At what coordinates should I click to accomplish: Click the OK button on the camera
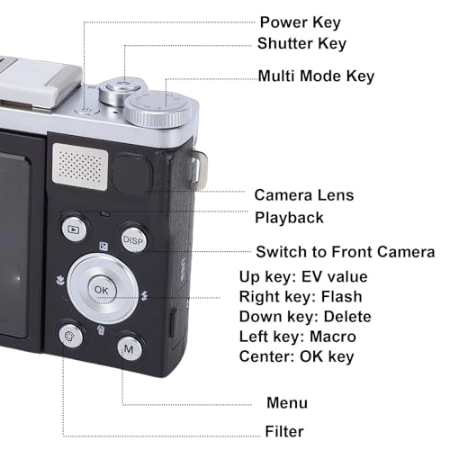click(x=102, y=290)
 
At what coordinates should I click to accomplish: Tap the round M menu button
click(x=130, y=348)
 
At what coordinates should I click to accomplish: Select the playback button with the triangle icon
click(x=74, y=229)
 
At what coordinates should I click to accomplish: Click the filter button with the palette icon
click(x=71, y=336)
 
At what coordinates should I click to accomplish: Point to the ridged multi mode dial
click(x=157, y=110)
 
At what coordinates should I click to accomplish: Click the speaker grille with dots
click(x=80, y=166)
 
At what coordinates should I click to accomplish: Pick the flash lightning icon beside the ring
click(x=145, y=295)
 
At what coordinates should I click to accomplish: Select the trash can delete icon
click(x=101, y=330)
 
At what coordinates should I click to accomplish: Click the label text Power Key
click(x=301, y=22)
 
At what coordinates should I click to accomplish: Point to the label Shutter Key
click(x=301, y=44)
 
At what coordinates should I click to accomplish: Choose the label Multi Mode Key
click(x=316, y=76)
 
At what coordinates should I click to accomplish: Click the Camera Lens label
click(x=304, y=195)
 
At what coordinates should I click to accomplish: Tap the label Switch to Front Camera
click(x=346, y=252)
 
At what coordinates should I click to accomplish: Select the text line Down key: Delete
click(x=305, y=317)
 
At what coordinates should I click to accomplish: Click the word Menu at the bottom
click(x=287, y=402)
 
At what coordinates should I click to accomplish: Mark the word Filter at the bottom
click(x=284, y=431)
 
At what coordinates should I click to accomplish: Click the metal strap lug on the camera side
click(x=199, y=170)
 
